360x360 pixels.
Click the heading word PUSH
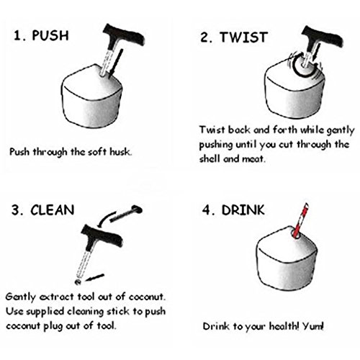point(50,35)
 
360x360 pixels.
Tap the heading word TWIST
point(243,37)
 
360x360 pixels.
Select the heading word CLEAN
point(53,210)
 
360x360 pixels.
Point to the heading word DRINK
point(243,210)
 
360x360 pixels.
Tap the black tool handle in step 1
point(124,35)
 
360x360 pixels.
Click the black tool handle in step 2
point(322,38)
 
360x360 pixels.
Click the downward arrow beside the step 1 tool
point(116,63)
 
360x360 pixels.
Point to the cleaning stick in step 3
point(126,213)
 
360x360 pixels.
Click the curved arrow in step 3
point(106,218)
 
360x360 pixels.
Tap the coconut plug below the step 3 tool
point(78,282)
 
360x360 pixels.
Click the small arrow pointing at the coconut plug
point(95,277)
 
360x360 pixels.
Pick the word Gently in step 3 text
point(20,297)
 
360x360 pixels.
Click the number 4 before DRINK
point(207,210)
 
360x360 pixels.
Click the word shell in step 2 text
point(209,158)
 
